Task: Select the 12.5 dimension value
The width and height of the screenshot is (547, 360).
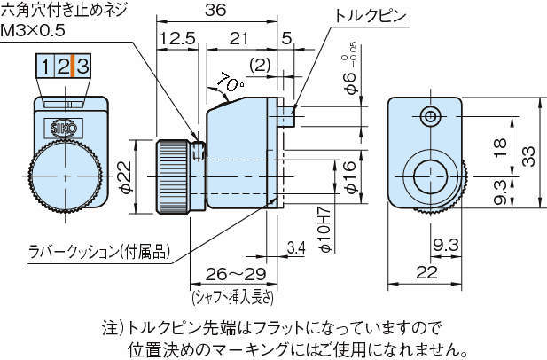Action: [x=177, y=39]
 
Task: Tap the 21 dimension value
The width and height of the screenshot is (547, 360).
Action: [x=238, y=39]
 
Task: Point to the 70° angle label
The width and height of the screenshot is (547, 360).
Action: [x=229, y=85]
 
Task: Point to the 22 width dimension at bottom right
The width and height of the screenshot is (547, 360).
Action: [x=426, y=274]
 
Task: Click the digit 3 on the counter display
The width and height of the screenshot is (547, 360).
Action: [x=82, y=65]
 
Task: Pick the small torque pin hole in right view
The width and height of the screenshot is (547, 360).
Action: [x=431, y=115]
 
